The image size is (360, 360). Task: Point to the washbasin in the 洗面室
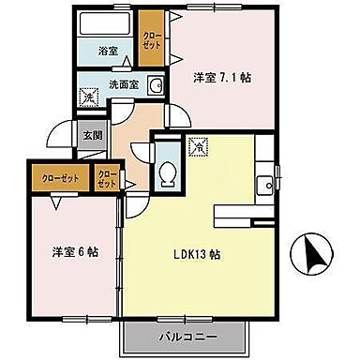157,84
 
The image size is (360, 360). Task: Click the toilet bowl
169,173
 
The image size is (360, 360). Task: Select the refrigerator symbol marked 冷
198,146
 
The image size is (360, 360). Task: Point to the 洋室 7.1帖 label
220,78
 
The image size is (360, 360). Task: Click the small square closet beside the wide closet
107,177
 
